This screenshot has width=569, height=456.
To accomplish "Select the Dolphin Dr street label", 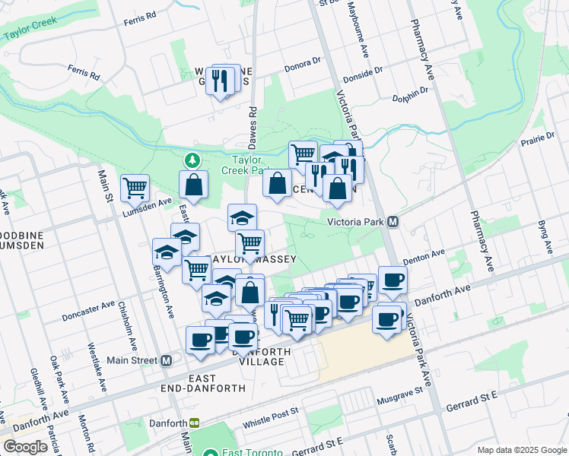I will point(411,93).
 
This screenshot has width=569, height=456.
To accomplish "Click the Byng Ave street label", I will point(544,237).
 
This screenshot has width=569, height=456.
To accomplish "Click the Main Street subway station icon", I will point(167,360).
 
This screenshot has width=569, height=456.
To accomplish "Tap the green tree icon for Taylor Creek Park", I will point(192,160).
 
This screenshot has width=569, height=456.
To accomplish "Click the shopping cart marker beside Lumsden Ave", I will point(135,187).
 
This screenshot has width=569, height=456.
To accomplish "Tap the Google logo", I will point(25,447).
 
